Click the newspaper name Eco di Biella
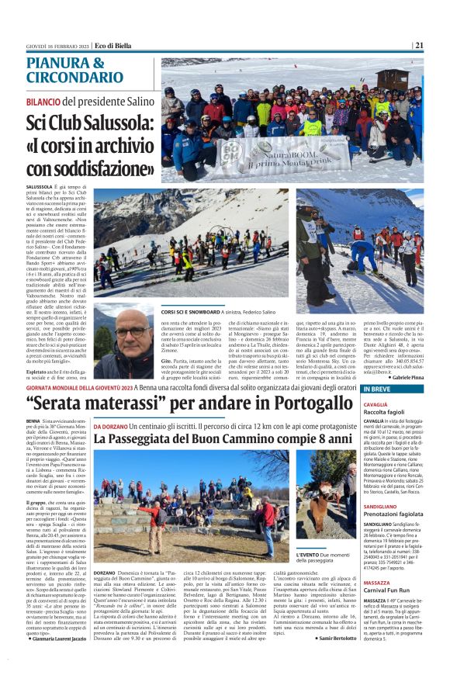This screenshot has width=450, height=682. pyautogui.click(x=113, y=45)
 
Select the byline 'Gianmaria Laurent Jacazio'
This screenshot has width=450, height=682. pyautogui.click(x=55, y=638)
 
